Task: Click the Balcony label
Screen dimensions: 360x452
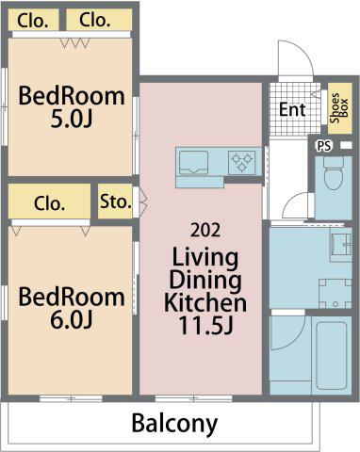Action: (x=174, y=423)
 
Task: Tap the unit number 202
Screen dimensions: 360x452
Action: (x=205, y=230)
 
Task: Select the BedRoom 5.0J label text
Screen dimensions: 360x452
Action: (x=72, y=107)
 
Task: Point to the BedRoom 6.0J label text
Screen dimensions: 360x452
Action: (x=72, y=308)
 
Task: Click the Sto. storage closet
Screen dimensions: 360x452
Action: (x=115, y=202)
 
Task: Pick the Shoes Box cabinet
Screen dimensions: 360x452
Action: (x=339, y=108)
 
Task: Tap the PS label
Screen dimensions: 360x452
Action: (x=324, y=146)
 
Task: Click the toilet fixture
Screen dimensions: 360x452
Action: (x=334, y=173)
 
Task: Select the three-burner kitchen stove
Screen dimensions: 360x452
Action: (x=241, y=163)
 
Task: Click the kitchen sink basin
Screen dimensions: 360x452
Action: (x=193, y=163)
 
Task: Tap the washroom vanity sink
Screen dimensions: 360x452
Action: (x=341, y=245)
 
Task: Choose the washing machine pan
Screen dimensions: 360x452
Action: (x=335, y=294)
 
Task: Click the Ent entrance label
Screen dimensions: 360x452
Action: (x=292, y=109)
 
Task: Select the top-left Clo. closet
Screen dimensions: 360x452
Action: (x=33, y=20)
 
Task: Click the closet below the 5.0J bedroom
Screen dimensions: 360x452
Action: (x=49, y=202)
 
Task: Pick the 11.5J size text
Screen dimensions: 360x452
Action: (x=205, y=325)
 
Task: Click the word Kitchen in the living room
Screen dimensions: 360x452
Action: (x=205, y=302)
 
